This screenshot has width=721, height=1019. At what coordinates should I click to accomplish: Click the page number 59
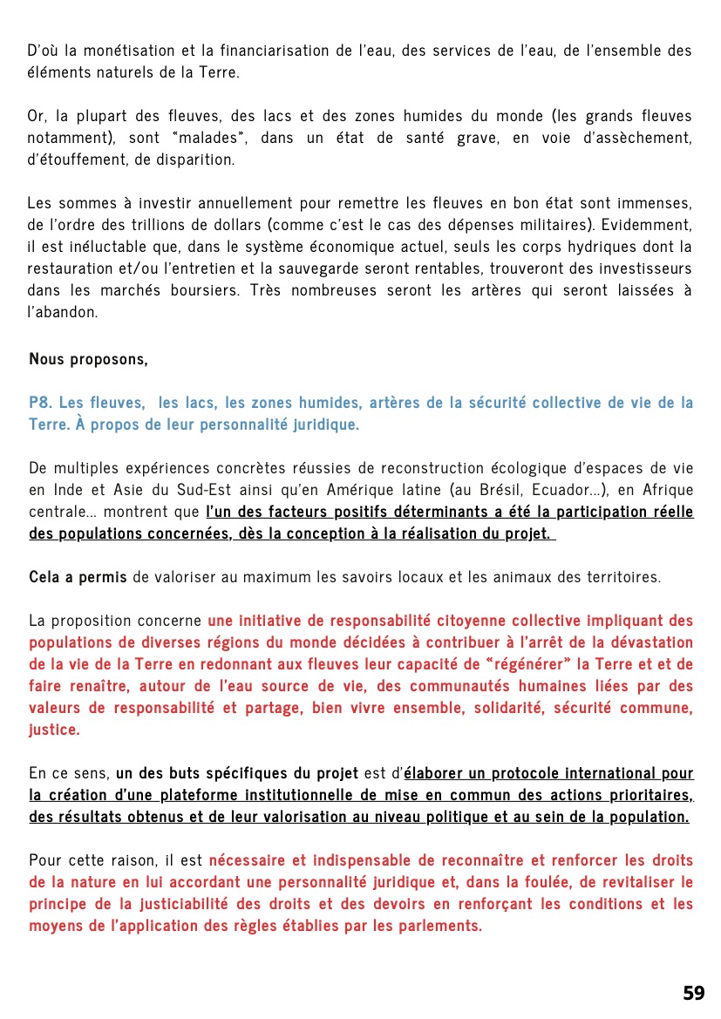pyautogui.click(x=693, y=993)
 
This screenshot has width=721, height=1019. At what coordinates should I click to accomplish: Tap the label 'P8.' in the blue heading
pyautogui.click(x=40, y=403)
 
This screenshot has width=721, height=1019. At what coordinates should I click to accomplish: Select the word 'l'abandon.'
pyautogui.click(x=63, y=312)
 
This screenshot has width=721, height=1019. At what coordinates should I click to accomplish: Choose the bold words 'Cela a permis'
pyautogui.click(x=78, y=577)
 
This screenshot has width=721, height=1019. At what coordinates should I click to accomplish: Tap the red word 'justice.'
pyautogui.click(x=54, y=730)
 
